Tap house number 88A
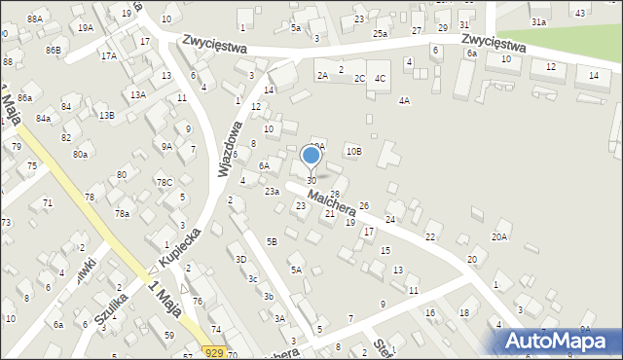pos(35,18)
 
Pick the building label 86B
pos(52,49)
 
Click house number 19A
pos(86,27)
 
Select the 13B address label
pos(106,115)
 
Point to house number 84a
pos(43,118)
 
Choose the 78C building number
pos(165,182)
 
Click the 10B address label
pos(353,151)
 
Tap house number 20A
pos(499,236)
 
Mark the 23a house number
pos(272,192)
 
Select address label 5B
pos(273,241)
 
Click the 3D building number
pos(240,259)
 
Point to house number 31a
pos(538,21)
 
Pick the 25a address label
pos(379,33)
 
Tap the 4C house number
pos(381,78)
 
